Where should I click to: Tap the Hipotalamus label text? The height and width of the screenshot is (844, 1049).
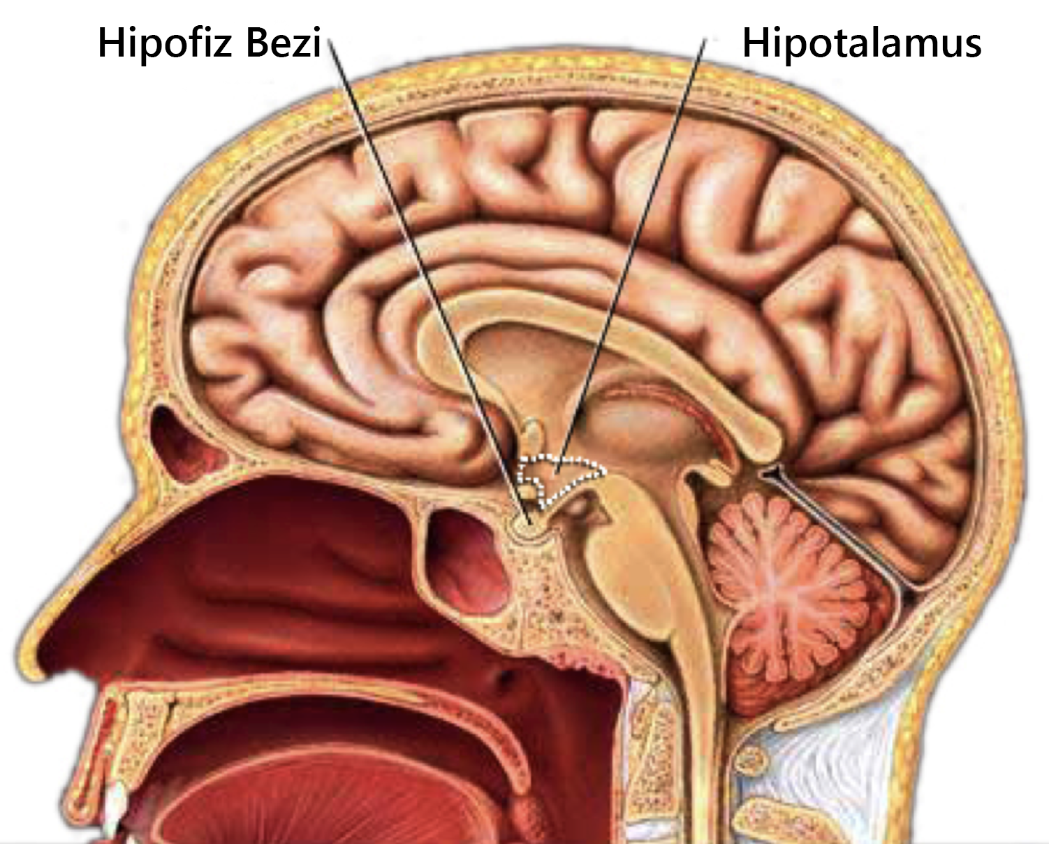(861, 43)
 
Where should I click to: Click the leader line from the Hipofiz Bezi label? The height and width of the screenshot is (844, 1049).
(426, 279)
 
